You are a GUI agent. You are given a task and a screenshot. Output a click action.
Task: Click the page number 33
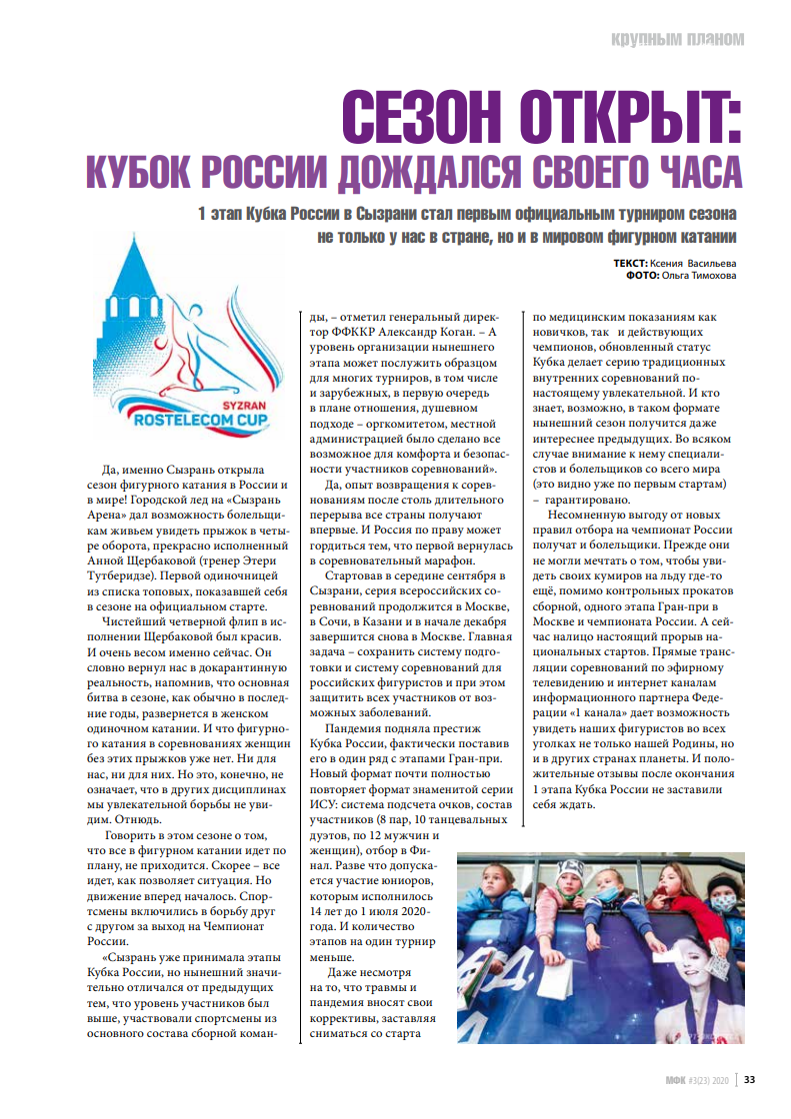[x=749, y=1079]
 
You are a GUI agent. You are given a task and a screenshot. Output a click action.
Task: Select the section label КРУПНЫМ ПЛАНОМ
[x=678, y=40]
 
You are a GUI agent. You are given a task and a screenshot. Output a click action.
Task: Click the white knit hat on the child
[x=569, y=869]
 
